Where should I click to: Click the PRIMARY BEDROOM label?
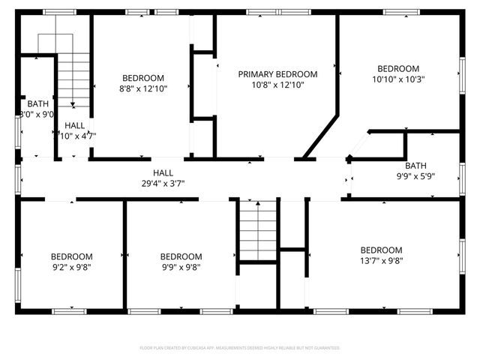277,74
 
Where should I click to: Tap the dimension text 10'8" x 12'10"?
277,85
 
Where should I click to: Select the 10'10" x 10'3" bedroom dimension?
398,79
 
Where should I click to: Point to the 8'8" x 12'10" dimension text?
143,88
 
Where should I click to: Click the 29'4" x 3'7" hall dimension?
163,183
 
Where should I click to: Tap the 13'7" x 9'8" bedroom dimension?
381,261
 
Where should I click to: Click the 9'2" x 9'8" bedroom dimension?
72,266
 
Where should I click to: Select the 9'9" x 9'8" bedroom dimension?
181,266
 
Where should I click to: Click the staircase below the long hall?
258,229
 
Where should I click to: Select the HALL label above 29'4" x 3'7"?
163,172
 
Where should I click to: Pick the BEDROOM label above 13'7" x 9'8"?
381,250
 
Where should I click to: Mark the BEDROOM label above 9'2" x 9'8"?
72,256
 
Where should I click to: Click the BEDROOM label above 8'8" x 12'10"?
143,78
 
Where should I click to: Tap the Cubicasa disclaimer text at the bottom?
240,348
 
